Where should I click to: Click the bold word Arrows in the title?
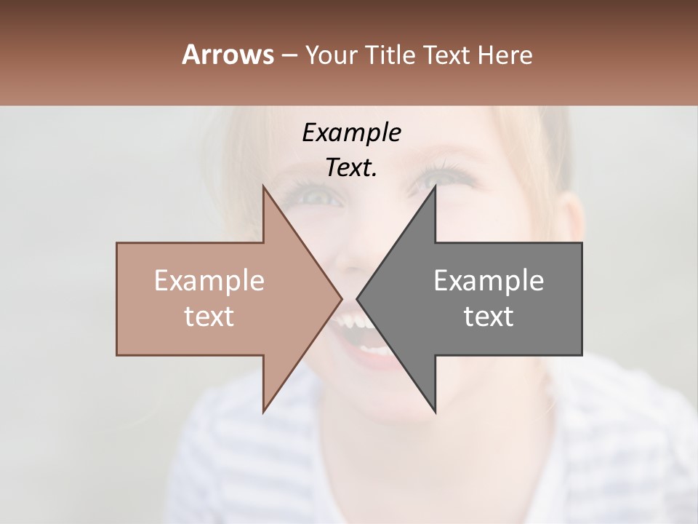pos(228,55)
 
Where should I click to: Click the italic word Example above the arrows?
pos(351,133)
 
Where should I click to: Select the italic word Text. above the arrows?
pos(351,168)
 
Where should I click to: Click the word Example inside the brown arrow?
pos(209,281)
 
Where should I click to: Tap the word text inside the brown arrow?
pos(209,317)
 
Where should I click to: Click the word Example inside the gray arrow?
pos(489,281)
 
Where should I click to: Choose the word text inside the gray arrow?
pos(489,317)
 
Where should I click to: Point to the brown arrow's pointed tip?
pos(341,298)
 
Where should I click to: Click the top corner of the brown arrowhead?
pos(264,186)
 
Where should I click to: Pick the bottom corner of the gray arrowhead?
pos(435,412)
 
